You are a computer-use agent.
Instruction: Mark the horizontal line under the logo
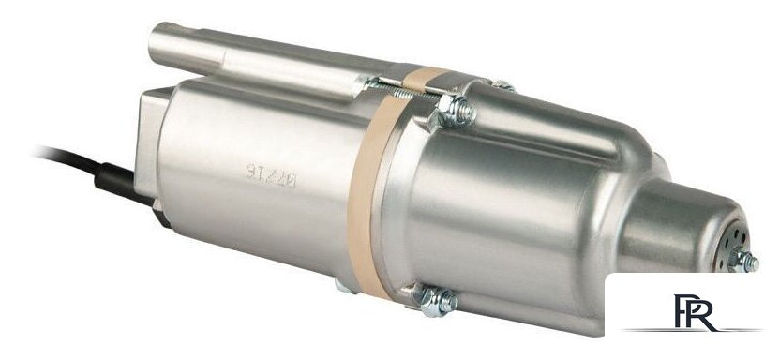click(x=694, y=331)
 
